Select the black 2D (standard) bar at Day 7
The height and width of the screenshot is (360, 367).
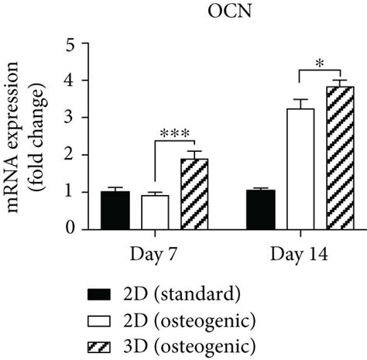[115, 210]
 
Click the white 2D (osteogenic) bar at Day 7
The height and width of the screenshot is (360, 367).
[155, 212]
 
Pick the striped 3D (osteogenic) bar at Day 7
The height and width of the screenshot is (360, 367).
[194, 194]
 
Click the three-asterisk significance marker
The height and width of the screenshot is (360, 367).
[175, 132]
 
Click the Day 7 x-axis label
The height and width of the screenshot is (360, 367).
[155, 253]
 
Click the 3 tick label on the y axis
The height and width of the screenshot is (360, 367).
[70, 118]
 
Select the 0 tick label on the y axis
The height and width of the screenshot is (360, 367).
[70, 229]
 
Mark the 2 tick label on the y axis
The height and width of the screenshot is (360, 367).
[70, 155]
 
